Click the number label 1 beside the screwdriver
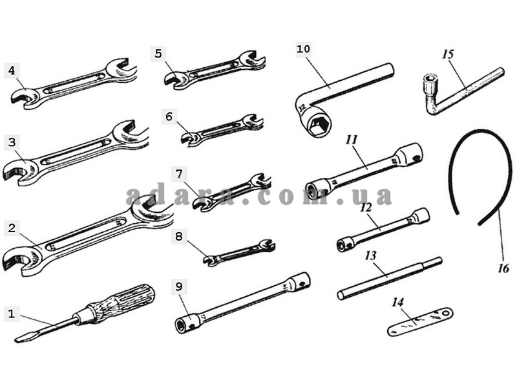[10, 314]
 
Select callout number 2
[10, 228]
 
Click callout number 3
[10, 142]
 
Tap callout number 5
[159, 54]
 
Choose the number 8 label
[179, 236]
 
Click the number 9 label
[179, 285]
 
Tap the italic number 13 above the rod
[370, 255]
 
